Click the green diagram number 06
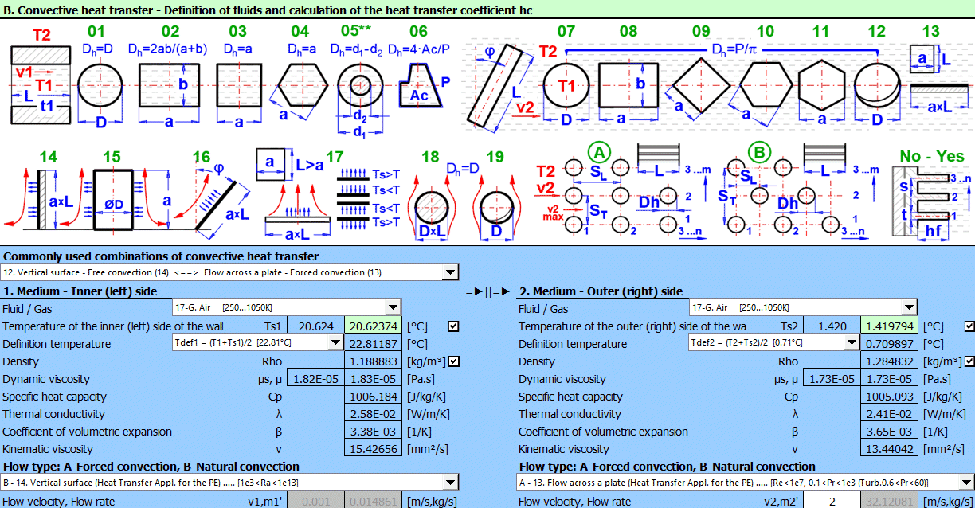click(x=418, y=31)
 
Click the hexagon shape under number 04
click(x=302, y=86)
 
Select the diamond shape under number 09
click(x=700, y=86)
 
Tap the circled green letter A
click(x=599, y=151)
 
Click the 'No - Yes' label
click(x=931, y=156)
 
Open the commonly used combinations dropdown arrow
click(x=451, y=272)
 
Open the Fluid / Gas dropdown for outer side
click(x=908, y=308)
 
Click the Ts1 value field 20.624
click(x=315, y=326)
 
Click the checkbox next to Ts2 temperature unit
click(x=969, y=326)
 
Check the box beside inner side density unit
click(x=453, y=361)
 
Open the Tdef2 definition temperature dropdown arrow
click(x=851, y=343)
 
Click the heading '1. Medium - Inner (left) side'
click(x=80, y=291)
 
